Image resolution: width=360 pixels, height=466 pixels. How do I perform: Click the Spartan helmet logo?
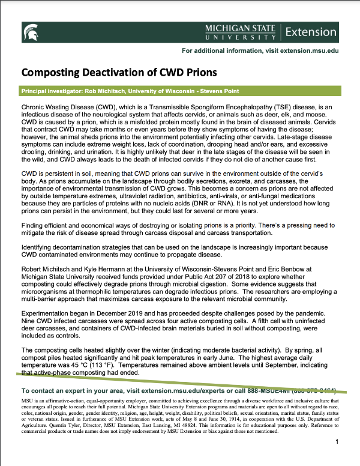tap(31, 31)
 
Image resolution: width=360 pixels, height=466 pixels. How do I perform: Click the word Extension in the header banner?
tap(311, 31)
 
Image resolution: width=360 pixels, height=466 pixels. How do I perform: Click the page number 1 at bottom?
tap(338, 442)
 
